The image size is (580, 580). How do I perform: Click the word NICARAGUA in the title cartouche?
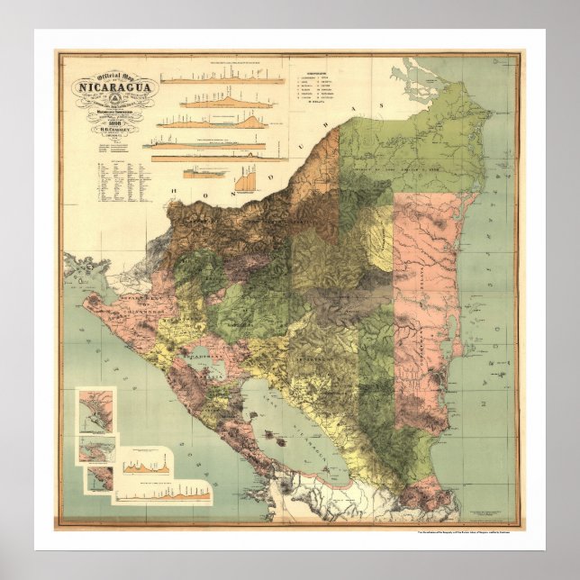[x=105, y=88]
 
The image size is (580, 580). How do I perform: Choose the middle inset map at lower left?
[x=98, y=448]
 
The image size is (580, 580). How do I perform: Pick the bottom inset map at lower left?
[x=101, y=478]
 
